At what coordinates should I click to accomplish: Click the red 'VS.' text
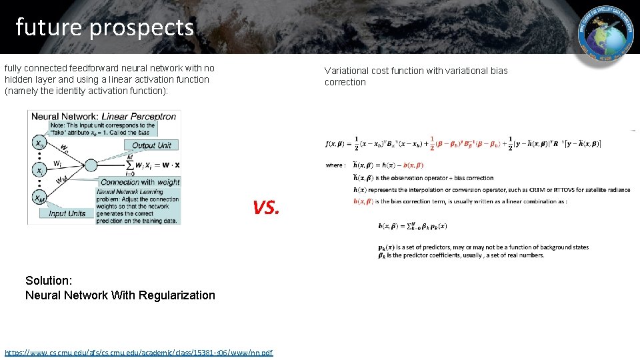267,208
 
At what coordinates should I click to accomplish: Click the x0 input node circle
40,143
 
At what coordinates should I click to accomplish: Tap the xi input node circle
40,169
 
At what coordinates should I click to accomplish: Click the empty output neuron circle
91,164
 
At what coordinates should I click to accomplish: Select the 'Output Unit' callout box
151,145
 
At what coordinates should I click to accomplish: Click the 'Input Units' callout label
67,213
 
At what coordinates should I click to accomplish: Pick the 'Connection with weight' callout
140,181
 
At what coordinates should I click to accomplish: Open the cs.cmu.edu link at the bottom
139,352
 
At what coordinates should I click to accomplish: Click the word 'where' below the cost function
335,165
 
